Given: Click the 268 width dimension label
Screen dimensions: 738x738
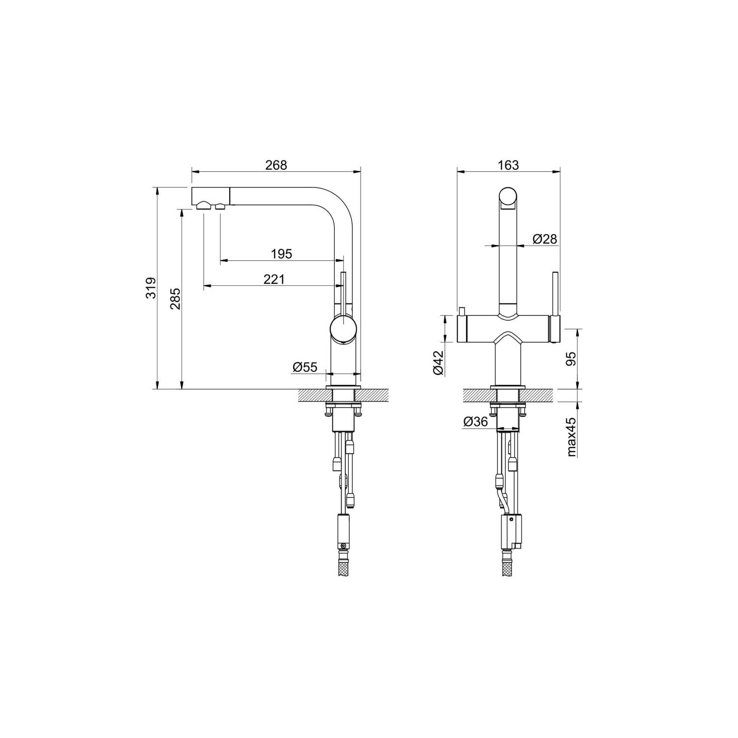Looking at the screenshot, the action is coord(276,165).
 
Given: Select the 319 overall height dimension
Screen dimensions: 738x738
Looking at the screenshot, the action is coord(152,288).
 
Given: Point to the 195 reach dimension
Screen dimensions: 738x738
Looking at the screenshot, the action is coord(281,253).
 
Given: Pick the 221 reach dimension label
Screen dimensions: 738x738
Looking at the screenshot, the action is coord(274,279).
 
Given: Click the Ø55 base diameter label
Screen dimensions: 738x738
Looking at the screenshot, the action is coord(305,367).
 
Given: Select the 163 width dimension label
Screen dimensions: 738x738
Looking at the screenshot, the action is coord(508,165).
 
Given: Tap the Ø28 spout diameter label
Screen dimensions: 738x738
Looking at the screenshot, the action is coord(545,239).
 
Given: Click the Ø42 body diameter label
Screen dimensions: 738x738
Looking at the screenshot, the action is coord(439,363).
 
